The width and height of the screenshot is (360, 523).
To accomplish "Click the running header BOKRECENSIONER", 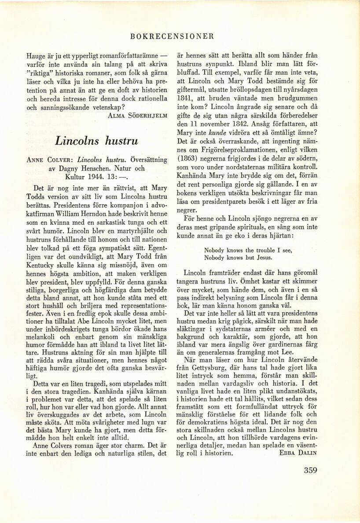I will (173, 37).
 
